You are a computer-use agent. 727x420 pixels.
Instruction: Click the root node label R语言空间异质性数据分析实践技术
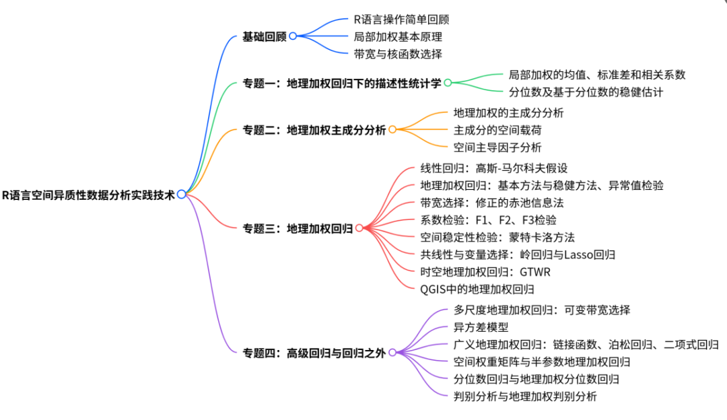click(x=88, y=195)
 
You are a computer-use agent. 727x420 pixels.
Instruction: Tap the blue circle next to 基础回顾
click(x=293, y=36)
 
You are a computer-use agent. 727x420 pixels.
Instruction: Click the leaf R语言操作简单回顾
click(x=401, y=20)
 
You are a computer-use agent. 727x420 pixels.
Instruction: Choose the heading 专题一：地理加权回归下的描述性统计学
click(x=342, y=83)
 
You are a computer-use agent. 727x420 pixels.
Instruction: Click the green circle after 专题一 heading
click(x=448, y=83)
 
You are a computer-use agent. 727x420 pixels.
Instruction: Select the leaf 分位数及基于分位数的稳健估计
click(x=586, y=92)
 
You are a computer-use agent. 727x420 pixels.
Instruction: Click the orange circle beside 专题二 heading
click(x=392, y=129)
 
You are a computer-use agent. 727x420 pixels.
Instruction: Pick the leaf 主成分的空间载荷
click(x=497, y=130)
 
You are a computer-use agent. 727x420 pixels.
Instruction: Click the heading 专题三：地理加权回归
click(x=298, y=229)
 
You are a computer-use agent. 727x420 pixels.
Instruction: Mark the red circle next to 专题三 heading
click(x=359, y=228)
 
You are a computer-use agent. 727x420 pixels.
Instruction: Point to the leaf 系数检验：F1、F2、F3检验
click(x=488, y=220)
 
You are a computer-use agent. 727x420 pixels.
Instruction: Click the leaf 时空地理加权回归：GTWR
click(x=477, y=272)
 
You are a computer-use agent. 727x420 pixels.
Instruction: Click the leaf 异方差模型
click(x=481, y=327)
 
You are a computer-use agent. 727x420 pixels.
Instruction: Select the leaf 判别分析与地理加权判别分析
click(x=525, y=396)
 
